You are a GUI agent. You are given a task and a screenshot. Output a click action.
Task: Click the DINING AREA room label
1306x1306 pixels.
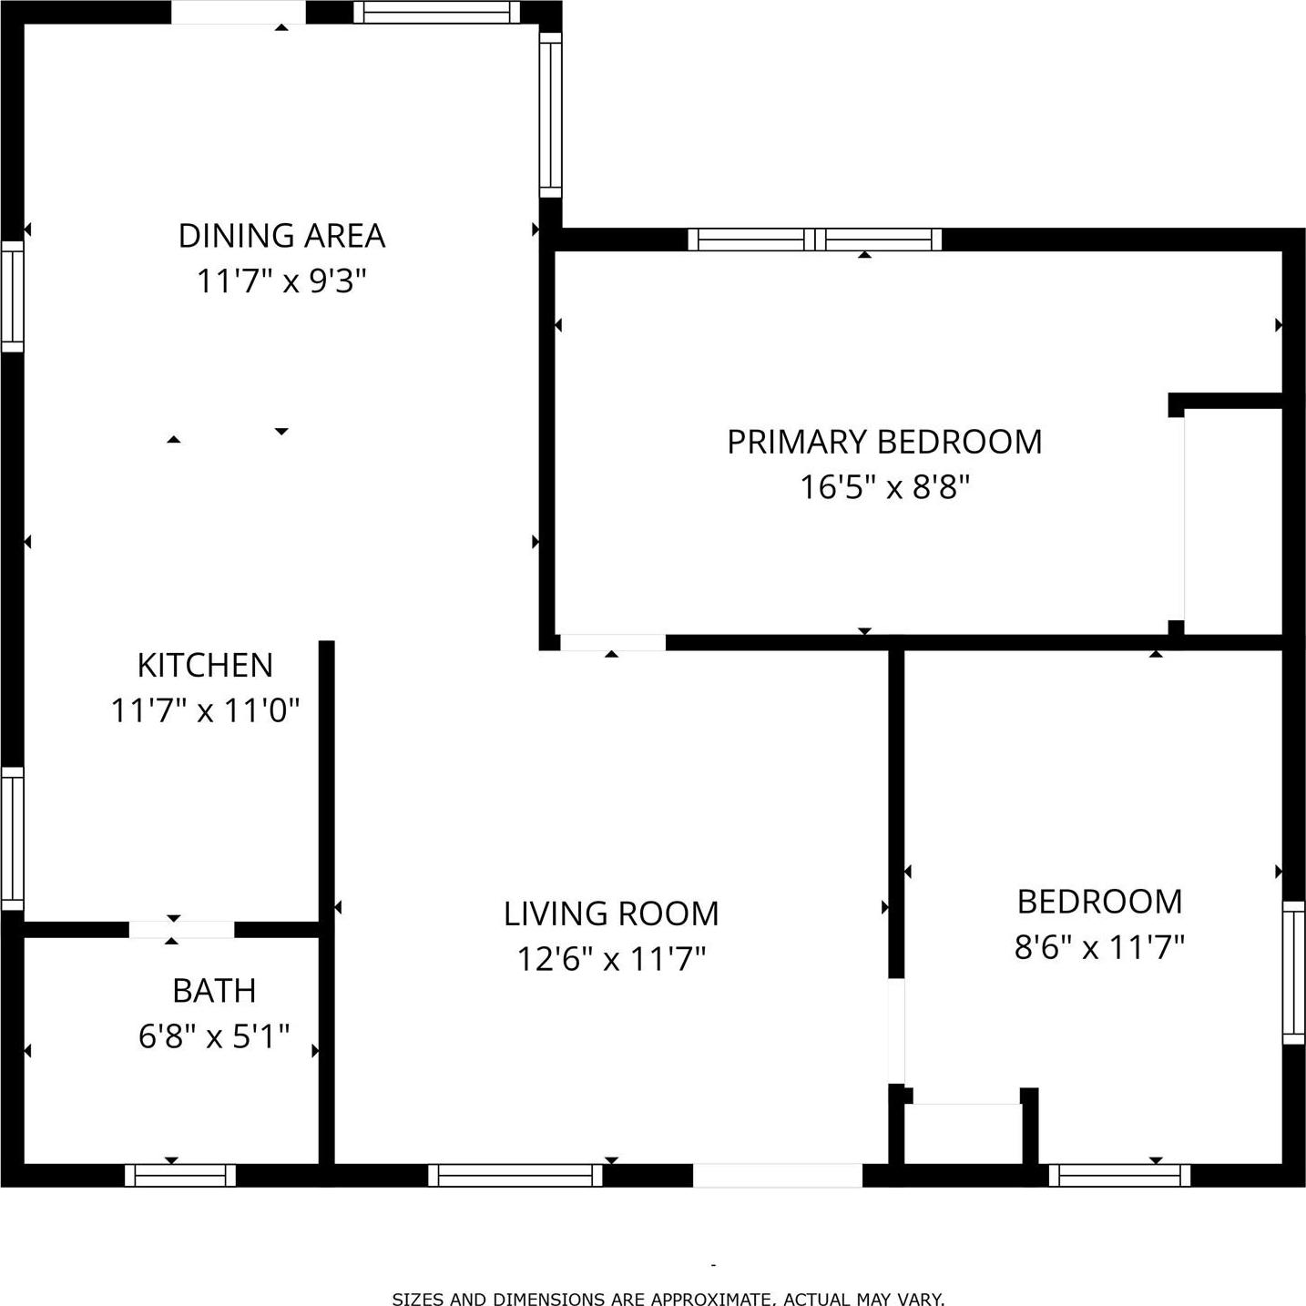[x=281, y=236]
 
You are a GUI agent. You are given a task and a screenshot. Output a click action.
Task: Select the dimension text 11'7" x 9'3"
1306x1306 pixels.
[x=281, y=281]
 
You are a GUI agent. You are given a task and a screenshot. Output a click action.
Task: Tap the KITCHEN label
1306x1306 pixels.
[x=205, y=666]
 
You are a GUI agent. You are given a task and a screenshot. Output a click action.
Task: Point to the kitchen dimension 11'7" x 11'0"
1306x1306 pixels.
[x=205, y=710]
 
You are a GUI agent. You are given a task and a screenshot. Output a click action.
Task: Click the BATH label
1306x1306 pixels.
[x=214, y=991]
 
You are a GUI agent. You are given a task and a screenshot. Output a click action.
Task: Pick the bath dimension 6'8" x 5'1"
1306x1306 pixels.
[x=214, y=1036]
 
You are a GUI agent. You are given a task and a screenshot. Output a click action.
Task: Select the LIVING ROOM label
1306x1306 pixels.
[x=611, y=913]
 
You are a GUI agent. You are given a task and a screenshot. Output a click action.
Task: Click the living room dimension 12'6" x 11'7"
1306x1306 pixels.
[x=611, y=959]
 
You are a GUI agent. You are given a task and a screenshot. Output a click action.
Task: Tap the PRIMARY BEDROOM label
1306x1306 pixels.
[x=884, y=442]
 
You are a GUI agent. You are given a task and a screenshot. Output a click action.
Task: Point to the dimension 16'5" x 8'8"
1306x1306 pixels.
[x=884, y=487]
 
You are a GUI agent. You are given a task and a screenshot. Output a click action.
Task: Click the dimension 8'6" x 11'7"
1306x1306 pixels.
[x=1099, y=948]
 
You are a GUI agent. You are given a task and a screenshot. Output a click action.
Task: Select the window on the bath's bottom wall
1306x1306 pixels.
[x=180, y=1175]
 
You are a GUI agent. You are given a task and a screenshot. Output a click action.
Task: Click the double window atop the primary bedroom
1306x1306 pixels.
[x=814, y=240]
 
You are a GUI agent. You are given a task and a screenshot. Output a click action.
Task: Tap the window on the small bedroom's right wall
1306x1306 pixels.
[x=1293, y=972]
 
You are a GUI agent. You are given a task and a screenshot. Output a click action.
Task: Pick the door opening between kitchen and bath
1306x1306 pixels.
[x=181, y=929]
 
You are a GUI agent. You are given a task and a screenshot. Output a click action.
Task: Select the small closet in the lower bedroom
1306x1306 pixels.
[x=965, y=1134]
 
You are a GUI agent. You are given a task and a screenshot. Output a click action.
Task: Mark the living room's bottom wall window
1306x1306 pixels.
[x=515, y=1175]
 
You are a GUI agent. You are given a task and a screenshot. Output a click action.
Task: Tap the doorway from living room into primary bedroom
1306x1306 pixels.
[x=612, y=642]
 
